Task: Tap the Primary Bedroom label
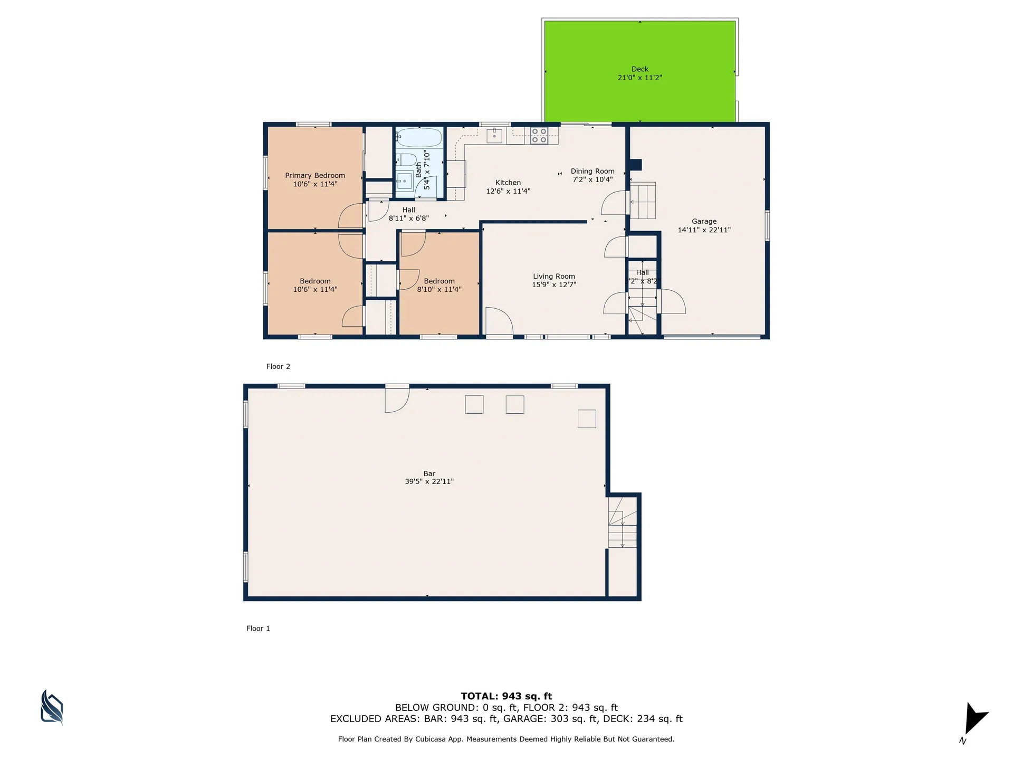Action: [x=315, y=175]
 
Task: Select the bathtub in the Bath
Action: [x=419, y=138]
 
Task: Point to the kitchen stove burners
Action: [x=539, y=136]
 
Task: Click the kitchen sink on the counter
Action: [x=494, y=135]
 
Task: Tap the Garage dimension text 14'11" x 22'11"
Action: [x=704, y=230]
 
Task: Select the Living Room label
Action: [x=553, y=276]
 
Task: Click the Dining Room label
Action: [x=592, y=171]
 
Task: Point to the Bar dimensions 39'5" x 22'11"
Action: [x=429, y=481]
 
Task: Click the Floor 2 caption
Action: [x=278, y=366]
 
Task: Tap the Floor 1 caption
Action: [x=258, y=628]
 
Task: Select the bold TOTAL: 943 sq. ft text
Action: [x=506, y=696]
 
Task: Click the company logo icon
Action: [x=52, y=707]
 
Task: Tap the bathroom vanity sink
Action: [x=405, y=180]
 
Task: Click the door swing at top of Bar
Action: [x=397, y=399]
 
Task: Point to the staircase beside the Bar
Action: [x=623, y=522]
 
